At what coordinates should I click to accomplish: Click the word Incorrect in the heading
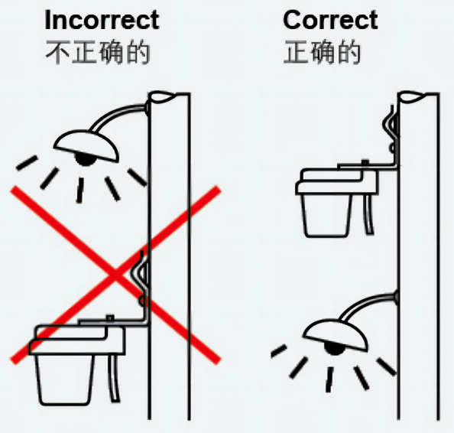(102, 20)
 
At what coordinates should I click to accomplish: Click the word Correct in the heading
(330, 20)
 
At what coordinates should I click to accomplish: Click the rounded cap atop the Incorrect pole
(163, 97)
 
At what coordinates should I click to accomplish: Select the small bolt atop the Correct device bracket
(365, 161)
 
